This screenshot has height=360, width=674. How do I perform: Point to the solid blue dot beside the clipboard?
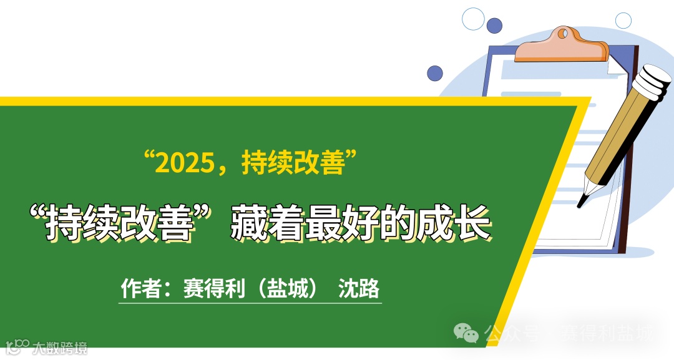(x=435, y=73)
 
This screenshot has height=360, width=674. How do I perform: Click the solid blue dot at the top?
(x=494, y=26)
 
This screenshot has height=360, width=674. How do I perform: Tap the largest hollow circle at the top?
(x=473, y=19)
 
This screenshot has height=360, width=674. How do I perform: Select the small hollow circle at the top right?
(x=623, y=21)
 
